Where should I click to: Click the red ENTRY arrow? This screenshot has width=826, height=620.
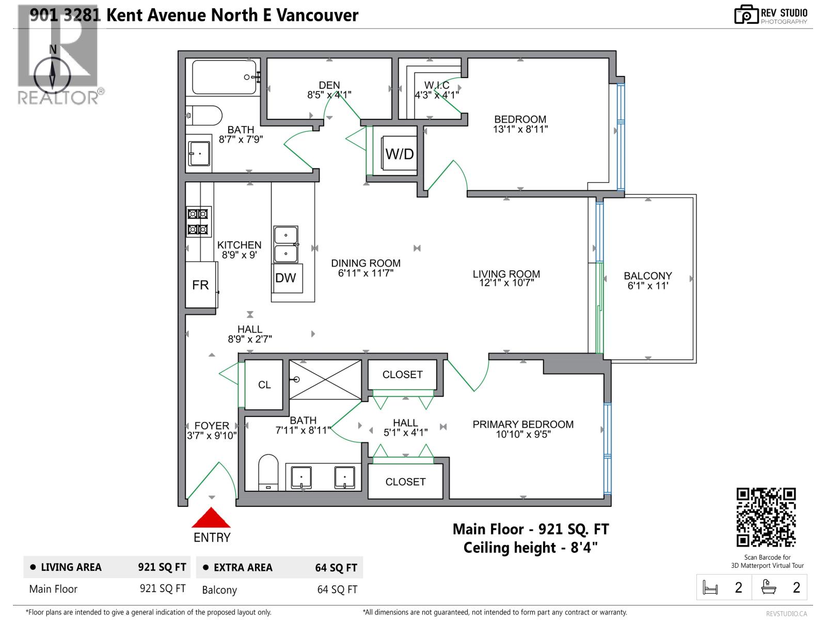coord(211,518)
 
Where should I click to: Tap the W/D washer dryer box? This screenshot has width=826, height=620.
coord(399,153)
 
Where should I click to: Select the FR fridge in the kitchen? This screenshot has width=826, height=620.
coord(200,285)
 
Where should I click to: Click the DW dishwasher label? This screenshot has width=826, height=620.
coord(285,278)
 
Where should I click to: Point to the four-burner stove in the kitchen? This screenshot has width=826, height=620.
coord(198,221)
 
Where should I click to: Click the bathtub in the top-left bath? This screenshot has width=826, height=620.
coord(224,77)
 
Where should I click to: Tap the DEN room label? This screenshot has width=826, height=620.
coord(329,85)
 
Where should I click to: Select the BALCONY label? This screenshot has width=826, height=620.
coord(647,276)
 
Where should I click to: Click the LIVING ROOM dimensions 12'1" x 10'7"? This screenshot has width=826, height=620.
coord(506,283)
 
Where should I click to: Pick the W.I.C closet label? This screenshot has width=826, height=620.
coord(437,85)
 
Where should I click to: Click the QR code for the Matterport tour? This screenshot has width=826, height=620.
coord(766,517)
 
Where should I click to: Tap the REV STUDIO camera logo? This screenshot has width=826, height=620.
coord(746,14)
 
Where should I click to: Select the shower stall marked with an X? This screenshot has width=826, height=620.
coord(325,380)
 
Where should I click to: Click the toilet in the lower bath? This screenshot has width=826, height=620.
coord(268,471)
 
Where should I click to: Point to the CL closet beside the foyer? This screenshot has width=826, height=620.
coord(264,384)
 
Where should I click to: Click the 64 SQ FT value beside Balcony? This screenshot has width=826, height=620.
coord(337,590)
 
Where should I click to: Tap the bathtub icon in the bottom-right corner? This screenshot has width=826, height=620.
coord(769,587)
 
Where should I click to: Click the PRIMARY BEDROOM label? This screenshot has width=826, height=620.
coord(523,424)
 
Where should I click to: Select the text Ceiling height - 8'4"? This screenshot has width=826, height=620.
coord(530,548)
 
